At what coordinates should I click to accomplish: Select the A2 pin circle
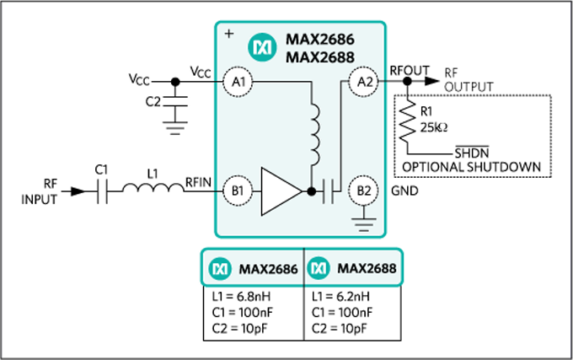click(363, 82)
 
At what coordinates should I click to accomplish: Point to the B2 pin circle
click(363, 191)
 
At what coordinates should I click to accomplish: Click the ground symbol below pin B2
click(363, 223)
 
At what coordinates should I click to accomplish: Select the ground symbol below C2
click(175, 127)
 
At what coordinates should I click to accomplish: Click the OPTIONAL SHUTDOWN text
click(471, 166)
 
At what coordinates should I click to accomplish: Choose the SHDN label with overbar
click(471, 153)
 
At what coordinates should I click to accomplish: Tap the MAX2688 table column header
click(351, 269)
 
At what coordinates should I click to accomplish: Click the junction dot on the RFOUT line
click(408, 82)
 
